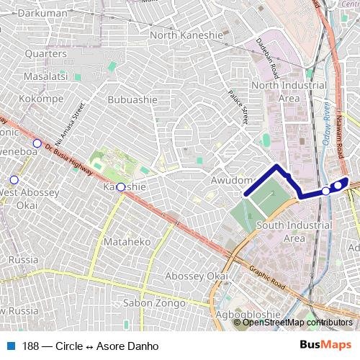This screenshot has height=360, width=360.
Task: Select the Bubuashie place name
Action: tap(132, 99)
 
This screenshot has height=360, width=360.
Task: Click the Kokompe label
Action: tap(42, 98)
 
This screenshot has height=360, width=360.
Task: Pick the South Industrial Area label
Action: tap(289, 232)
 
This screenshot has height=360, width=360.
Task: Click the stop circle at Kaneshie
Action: tap(121, 187)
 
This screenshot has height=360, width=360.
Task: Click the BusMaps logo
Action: tap(326, 346)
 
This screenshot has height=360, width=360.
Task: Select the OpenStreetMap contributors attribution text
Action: tap(296, 322)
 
